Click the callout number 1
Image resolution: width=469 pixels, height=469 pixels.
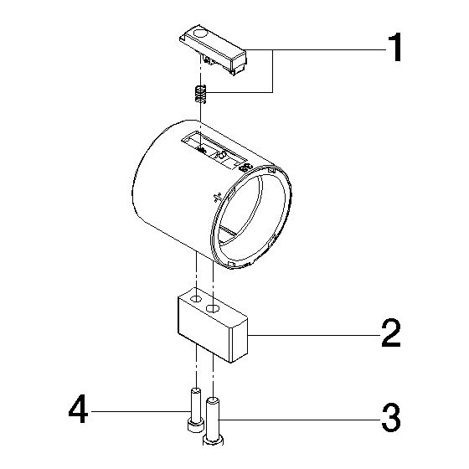pyautogui.click(x=395, y=48)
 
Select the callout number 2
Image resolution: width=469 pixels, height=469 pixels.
pyautogui.click(x=391, y=333)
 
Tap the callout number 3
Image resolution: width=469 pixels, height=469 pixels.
pyautogui.click(x=391, y=418)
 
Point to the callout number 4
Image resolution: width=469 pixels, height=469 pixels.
pyautogui.click(x=78, y=409)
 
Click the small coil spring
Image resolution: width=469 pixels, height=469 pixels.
pyautogui.click(x=200, y=94)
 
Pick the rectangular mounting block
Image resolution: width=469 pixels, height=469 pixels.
pyautogui.click(x=213, y=325)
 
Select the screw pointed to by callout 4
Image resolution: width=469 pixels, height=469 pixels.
pyautogui.click(x=194, y=410)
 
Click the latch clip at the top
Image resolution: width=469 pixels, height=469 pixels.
pyautogui.click(x=214, y=49)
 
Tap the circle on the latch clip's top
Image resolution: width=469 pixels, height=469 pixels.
pyautogui.click(x=200, y=33)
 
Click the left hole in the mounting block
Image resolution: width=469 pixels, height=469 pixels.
pyautogui.click(x=196, y=298)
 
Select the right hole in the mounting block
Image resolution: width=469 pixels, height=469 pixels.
pyautogui.click(x=213, y=308)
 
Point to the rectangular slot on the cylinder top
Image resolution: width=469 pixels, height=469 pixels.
pyautogui.click(x=214, y=150)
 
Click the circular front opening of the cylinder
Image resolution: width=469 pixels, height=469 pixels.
pyautogui.click(x=251, y=217)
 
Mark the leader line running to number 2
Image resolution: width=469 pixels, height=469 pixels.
pyautogui.click(x=314, y=336)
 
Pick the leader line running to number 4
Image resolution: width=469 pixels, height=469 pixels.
pyautogui.click(x=140, y=411)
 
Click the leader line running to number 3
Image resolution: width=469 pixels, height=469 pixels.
pyautogui.click(x=300, y=420)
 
